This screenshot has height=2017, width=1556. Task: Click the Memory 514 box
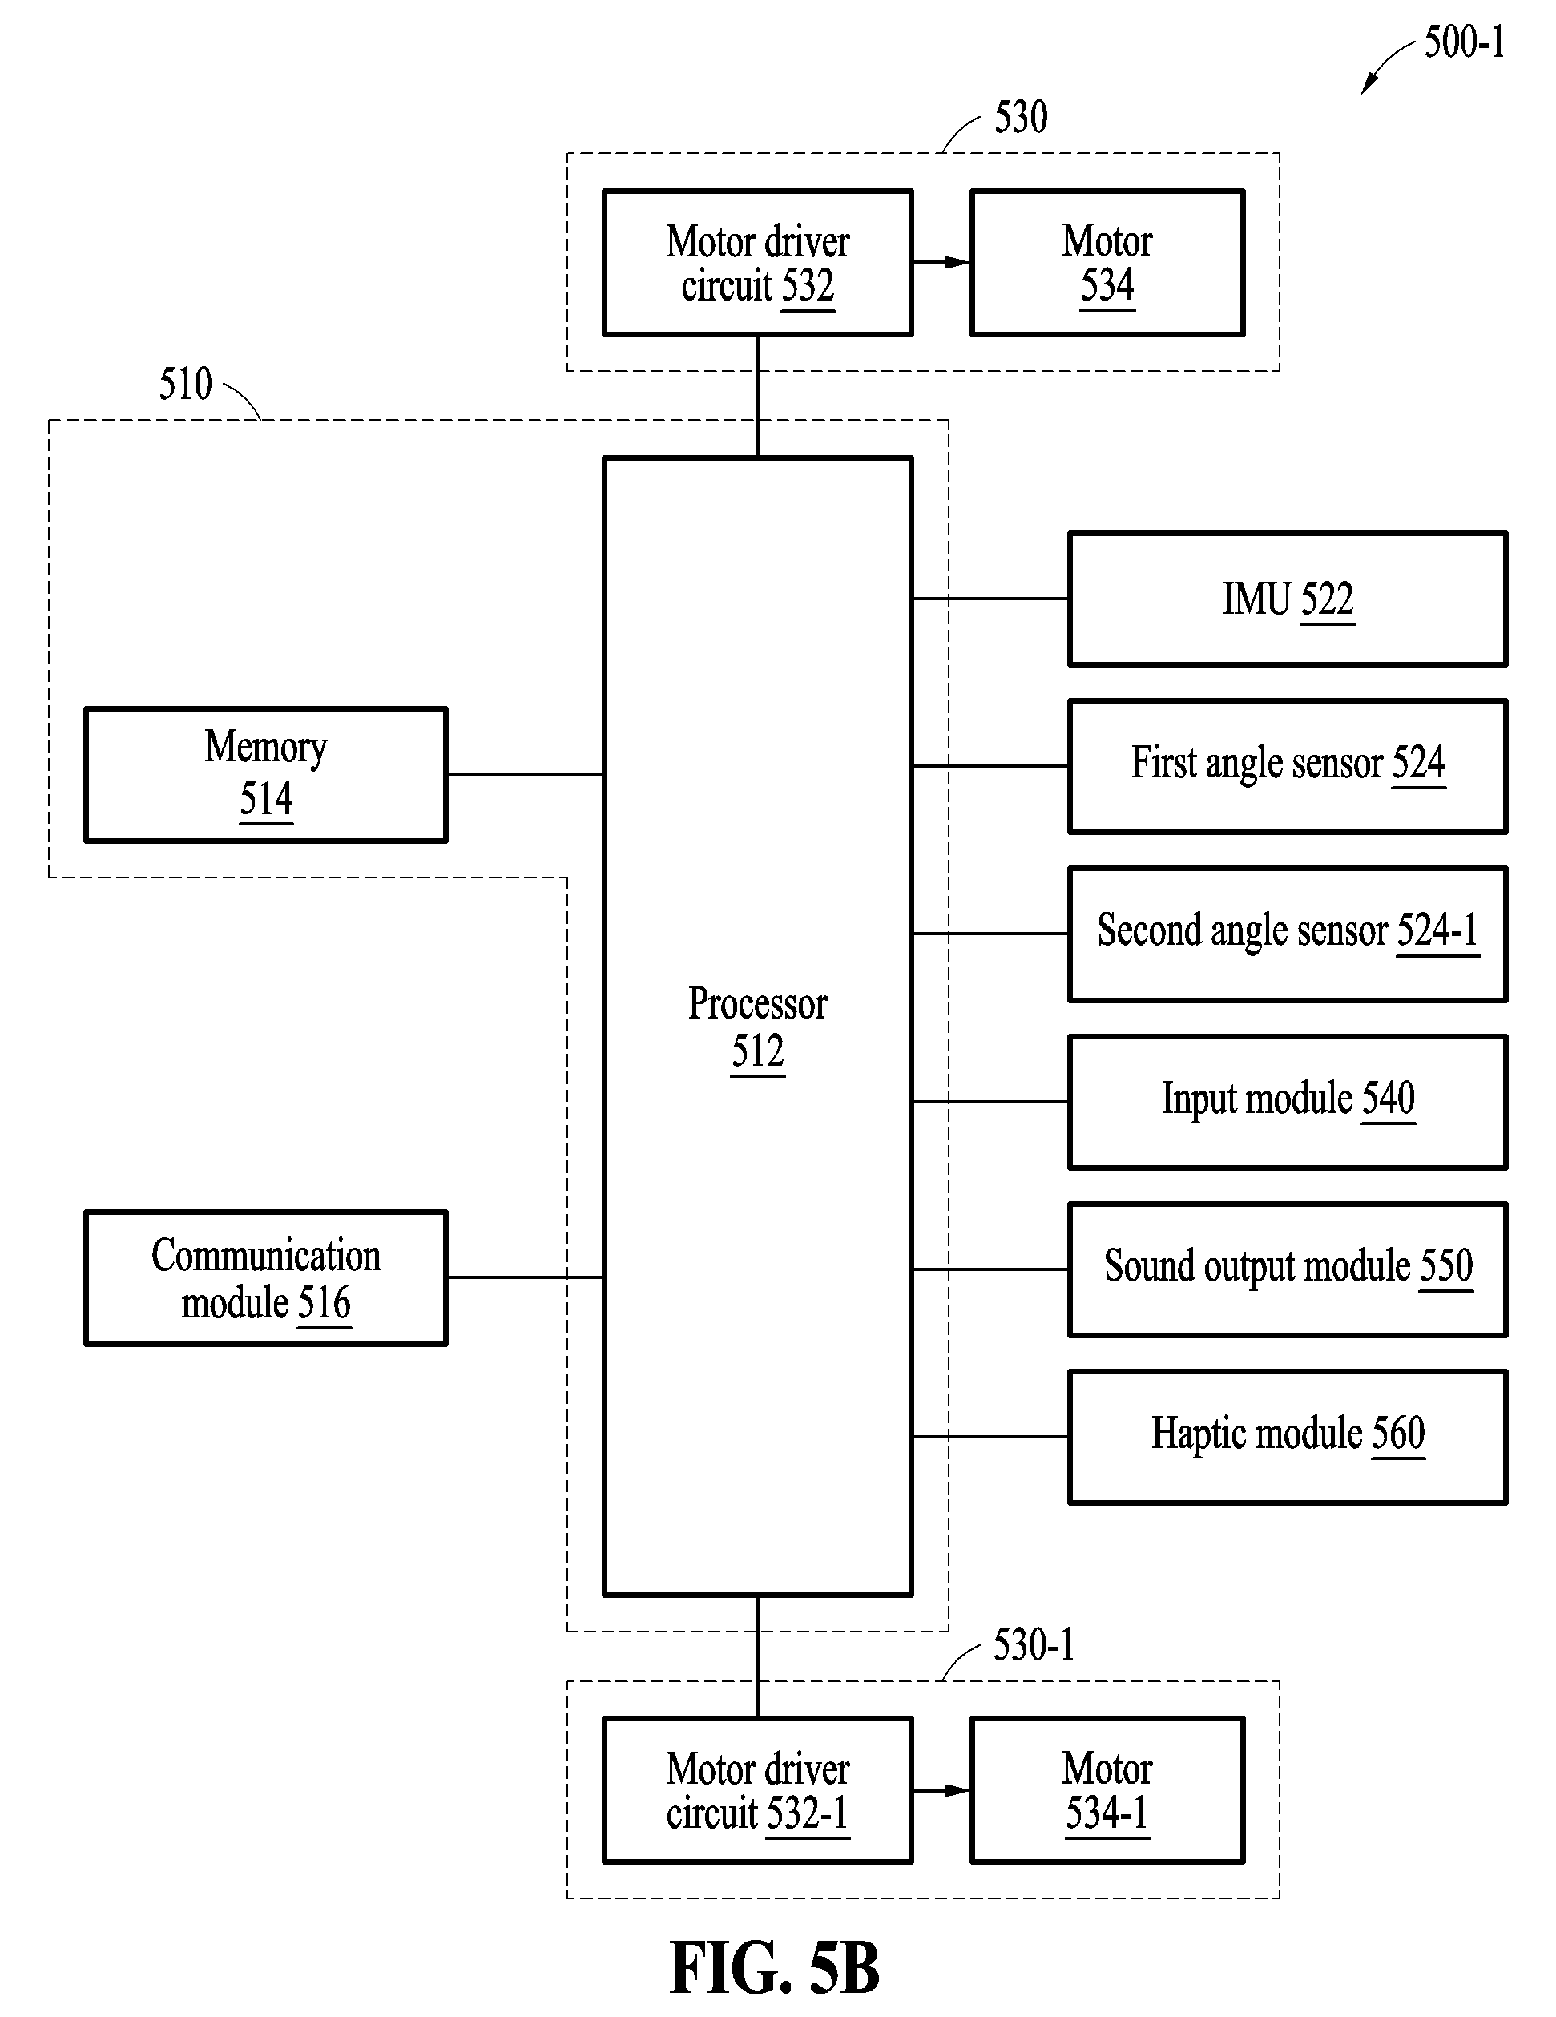(x=266, y=775)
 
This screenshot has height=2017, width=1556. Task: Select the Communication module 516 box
(x=266, y=1278)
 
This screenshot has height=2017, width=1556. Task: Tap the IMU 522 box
(x=1288, y=599)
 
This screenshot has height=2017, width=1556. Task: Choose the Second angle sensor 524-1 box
(x=1288, y=934)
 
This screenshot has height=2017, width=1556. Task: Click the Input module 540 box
(x=1288, y=1102)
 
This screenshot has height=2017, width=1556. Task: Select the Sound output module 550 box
(x=1288, y=1269)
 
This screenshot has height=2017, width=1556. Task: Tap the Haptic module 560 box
(x=1288, y=1437)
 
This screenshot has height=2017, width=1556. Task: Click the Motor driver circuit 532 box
(x=758, y=263)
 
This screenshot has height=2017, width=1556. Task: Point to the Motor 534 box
(x=1108, y=263)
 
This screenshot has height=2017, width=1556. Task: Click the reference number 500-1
(x=1465, y=42)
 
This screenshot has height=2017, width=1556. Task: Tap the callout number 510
(x=186, y=383)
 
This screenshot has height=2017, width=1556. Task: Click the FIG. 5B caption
(x=774, y=1968)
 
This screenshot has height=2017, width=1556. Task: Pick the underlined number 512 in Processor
(x=758, y=1052)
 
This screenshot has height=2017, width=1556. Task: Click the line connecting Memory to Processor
(x=526, y=774)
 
